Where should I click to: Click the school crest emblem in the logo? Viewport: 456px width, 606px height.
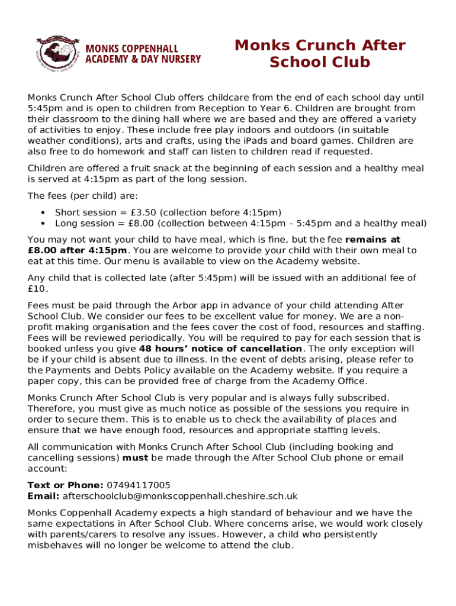point(57,51)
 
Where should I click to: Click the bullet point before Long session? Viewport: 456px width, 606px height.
point(43,224)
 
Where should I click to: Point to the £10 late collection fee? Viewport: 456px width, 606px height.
point(37,289)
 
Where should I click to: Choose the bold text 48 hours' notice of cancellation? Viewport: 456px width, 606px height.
point(220,349)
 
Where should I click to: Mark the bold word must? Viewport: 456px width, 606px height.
point(136,458)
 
